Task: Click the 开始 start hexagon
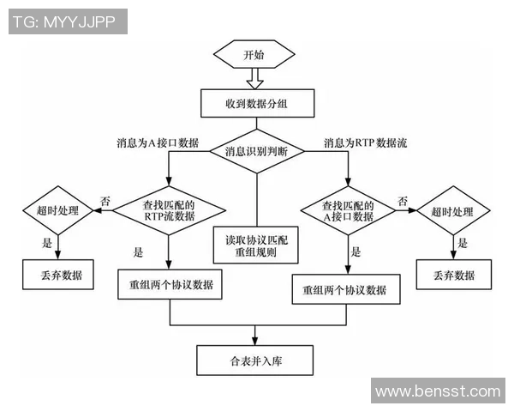(x=254, y=55)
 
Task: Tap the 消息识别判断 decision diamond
(x=255, y=152)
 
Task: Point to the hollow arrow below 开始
(x=254, y=80)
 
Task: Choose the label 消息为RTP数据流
(x=365, y=142)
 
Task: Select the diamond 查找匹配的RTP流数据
(x=170, y=211)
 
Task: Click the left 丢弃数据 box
(x=58, y=276)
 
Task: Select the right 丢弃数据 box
(x=453, y=276)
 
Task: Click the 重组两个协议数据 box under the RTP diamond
(x=170, y=284)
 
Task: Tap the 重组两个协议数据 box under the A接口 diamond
(x=345, y=290)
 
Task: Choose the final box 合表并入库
(x=255, y=360)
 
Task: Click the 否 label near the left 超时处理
(x=105, y=200)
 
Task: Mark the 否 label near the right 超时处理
(x=402, y=200)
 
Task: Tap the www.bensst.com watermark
(x=438, y=391)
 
